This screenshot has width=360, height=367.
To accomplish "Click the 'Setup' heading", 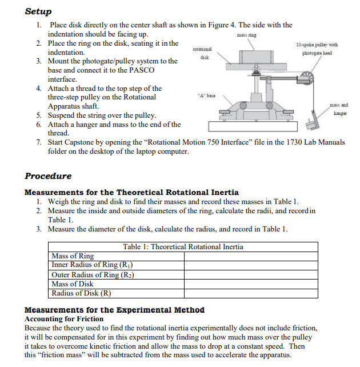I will (38, 11).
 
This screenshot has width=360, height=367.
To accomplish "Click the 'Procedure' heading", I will (48, 176).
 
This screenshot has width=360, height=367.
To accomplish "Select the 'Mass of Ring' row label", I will (73, 256).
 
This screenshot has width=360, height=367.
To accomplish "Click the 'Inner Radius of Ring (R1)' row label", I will (92, 265).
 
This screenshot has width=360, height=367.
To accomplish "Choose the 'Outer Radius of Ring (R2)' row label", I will (93, 274).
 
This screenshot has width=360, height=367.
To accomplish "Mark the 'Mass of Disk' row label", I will (73, 284).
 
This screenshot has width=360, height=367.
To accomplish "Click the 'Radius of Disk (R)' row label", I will (81, 293).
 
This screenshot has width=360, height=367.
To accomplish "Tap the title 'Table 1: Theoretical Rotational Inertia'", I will (183, 247).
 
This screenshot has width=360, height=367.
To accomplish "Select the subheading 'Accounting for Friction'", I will (64, 319).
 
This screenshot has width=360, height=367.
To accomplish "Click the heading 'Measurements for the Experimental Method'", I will (114, 310).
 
